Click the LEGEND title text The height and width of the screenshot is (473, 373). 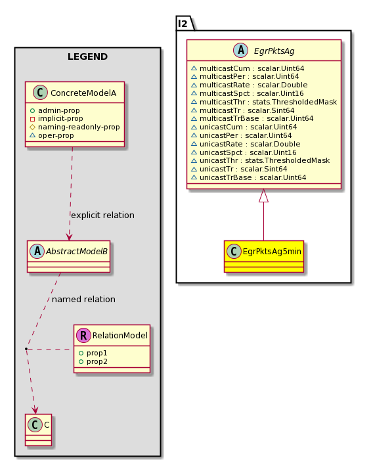(87, 56)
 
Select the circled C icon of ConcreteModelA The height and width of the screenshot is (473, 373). (41, 93)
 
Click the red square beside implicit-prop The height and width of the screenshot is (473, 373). (33, 119)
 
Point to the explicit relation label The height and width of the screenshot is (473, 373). (102, 215)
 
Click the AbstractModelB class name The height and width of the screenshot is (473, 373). (77, 251)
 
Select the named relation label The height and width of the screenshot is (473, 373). (83, 300)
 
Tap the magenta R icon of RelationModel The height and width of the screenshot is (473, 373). (83, 335)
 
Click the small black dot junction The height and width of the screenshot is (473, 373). (26, 349)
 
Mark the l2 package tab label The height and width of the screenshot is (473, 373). (183, 23)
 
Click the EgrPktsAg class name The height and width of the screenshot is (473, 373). (274, 51)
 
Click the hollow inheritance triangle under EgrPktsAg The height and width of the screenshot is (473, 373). (263, 196)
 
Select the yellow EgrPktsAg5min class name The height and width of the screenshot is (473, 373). (272, 251)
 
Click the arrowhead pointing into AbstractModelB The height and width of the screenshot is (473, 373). (70, 236)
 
